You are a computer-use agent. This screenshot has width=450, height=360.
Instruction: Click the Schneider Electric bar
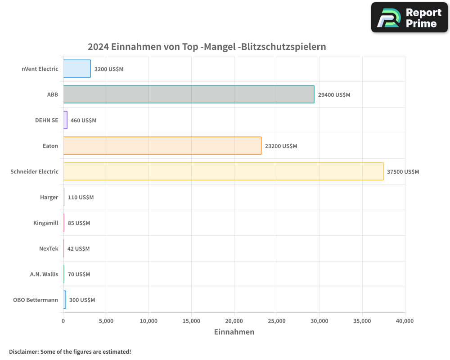223,171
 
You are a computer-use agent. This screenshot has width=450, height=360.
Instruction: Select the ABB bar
189,94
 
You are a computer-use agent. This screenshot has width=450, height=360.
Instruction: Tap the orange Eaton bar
162,146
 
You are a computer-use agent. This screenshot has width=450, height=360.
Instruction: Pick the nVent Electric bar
77,69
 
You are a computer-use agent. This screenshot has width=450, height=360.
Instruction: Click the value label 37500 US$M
403,172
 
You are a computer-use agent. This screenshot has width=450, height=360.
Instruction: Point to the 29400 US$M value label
334,95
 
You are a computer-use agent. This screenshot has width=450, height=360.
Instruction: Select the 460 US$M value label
83,121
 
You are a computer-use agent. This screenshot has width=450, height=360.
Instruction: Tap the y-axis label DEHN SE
47,120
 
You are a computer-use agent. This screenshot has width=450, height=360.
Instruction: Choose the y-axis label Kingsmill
45,223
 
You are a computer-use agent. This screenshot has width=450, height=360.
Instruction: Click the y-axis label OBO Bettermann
36,300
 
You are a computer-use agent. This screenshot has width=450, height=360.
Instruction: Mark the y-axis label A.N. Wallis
44,274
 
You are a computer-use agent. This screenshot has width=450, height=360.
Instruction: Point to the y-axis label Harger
49,197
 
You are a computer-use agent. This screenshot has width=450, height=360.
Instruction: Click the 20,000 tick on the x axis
234,321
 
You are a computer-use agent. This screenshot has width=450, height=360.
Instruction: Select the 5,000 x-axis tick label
106,321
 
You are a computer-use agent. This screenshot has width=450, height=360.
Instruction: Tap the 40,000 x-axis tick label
405,321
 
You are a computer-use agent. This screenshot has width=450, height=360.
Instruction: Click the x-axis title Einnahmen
234,332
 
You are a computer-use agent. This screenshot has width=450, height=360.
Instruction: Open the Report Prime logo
409,18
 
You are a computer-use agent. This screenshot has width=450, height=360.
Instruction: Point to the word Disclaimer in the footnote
23,351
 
